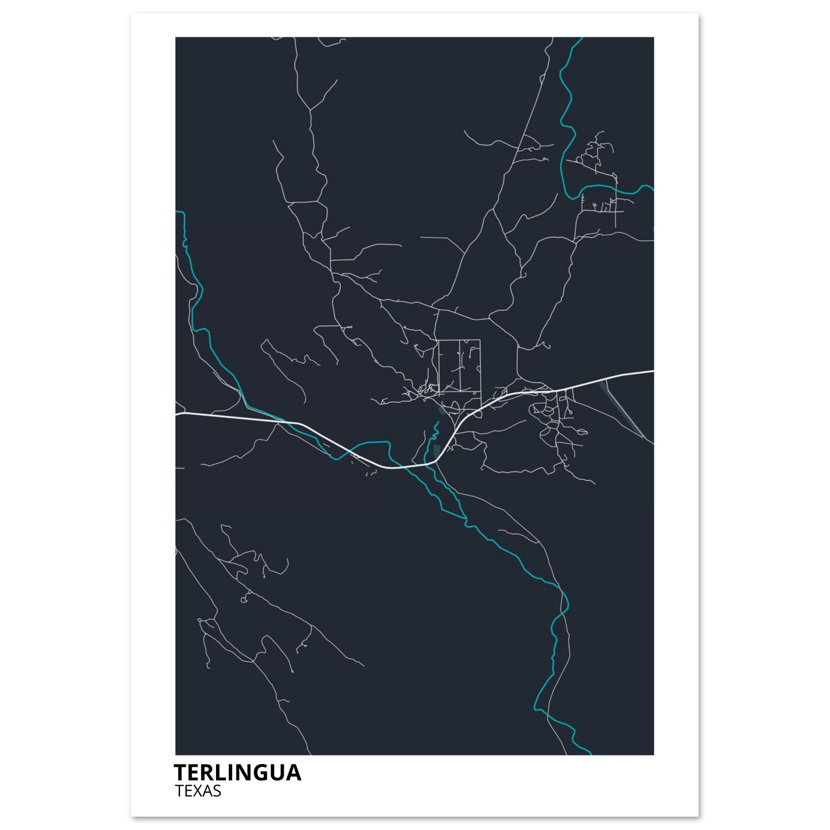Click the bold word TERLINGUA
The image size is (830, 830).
237,772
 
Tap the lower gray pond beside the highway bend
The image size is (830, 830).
437,451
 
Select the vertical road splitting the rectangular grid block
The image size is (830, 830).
460,365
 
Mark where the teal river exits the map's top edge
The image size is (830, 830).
582,38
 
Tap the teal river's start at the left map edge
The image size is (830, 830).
177,212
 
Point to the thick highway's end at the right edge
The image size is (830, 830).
653,370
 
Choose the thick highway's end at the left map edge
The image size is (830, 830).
177,414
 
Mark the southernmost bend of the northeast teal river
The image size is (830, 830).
572,199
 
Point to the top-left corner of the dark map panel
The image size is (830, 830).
176,38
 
